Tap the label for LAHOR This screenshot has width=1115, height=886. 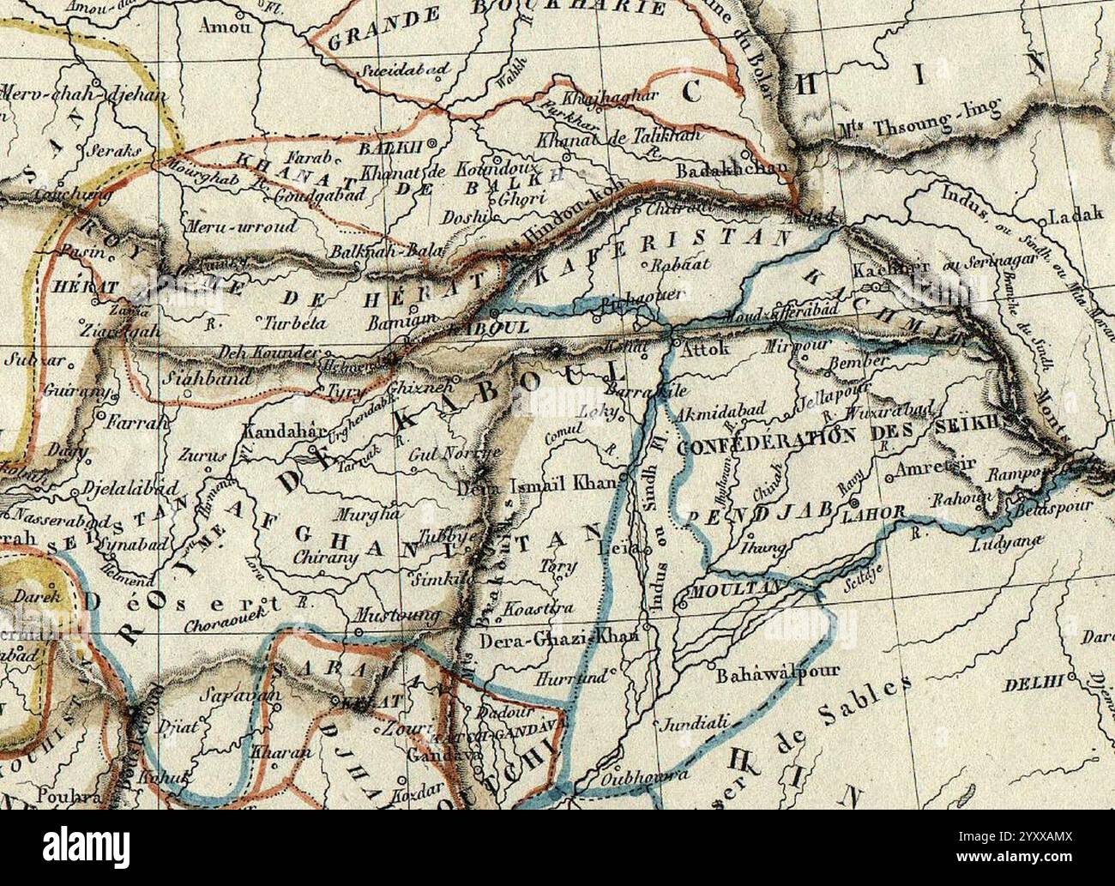874,513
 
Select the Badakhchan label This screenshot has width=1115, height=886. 732,170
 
